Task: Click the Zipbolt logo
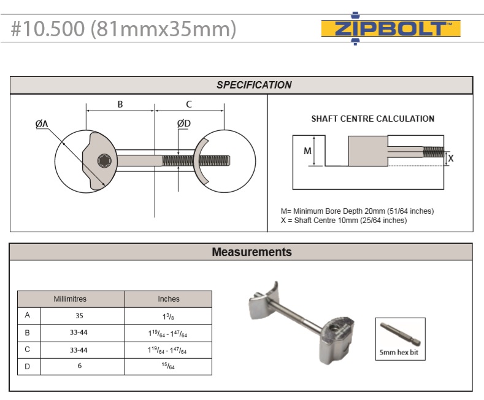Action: tap(391, 28)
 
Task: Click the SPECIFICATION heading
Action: tap(254, 85)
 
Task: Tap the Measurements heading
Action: tap(252, 252)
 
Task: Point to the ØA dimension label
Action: tap(42, 124)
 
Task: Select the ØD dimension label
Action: tap(184, 124)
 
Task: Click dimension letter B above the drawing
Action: tap(120, 104)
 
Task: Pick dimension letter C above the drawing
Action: tap(189, 104)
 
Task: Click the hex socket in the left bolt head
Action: tap(105, 161)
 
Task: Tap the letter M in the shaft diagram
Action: tap(307, 151)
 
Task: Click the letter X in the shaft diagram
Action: tap(451, 159)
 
